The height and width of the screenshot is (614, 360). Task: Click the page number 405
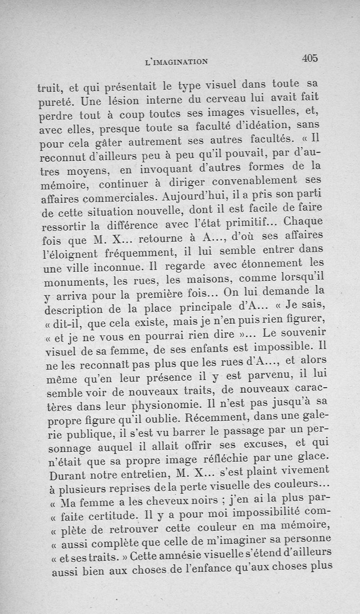point(310,58)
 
